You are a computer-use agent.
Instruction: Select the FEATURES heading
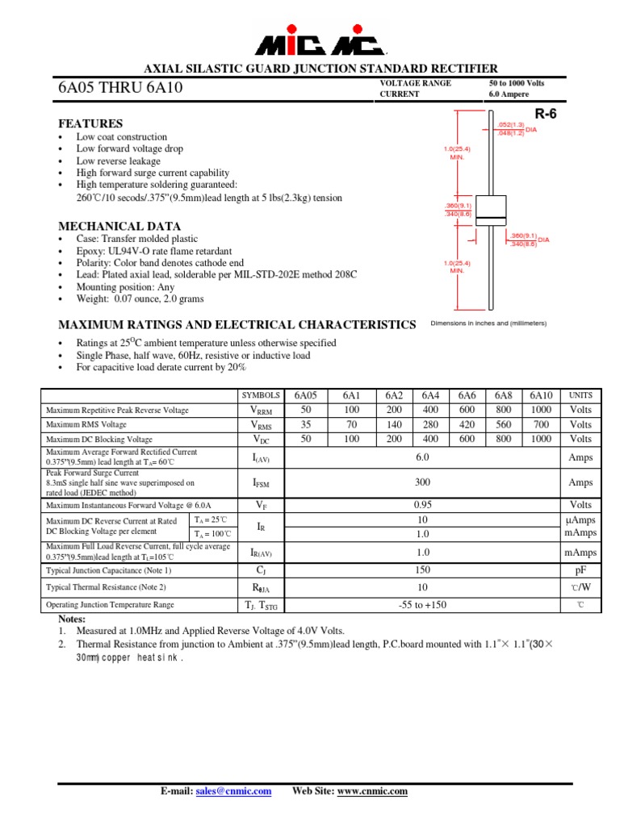click(x=90, y=123)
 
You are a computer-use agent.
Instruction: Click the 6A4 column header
click(x=430, y=395)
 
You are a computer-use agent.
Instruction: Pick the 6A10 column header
click(x=541, y=395)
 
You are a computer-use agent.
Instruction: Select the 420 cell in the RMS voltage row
click(x=467, y=424)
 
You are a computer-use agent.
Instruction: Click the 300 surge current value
click(x=422, y=482)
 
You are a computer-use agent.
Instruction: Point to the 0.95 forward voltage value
click(x=422, y=505)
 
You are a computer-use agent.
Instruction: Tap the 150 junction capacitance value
click(x=422, y=570)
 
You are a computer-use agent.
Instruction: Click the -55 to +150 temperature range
click(x=422, y=605)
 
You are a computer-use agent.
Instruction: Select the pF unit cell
click(x=580, y=570)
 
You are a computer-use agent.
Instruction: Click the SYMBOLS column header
click(x=261, y=395)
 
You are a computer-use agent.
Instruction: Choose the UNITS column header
click(x=580, y=395)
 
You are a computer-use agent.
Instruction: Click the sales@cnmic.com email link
click(x=233, y=791)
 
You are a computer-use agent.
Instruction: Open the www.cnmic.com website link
click(x=372, y=791)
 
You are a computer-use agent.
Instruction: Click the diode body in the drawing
click(x=491, y=211)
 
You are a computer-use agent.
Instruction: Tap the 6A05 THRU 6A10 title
click(x=120, y=88)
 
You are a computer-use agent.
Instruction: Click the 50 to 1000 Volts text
click(x=517, y=83)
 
